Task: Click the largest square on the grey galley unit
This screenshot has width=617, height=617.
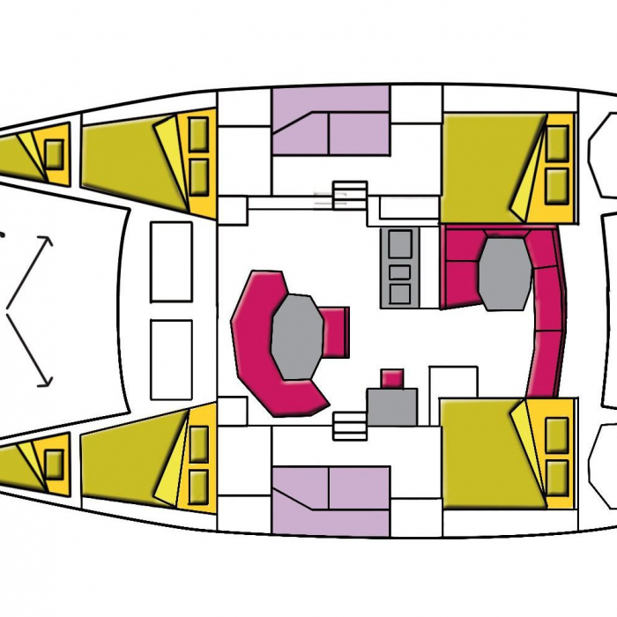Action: pos(399,244)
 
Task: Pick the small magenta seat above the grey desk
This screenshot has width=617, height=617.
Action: pos(392,378)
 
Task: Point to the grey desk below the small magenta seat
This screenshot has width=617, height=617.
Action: pos(391,407)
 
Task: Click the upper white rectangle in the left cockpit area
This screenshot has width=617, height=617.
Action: pos(171,261)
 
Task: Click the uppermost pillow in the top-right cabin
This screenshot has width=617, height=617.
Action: pos(557,143)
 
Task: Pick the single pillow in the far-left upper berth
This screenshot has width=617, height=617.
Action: pos(54,153)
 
